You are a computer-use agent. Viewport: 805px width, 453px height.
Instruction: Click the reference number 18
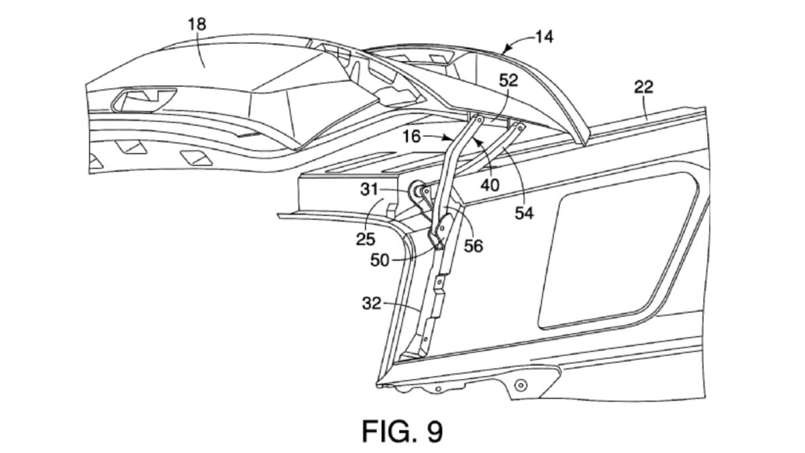[x=197, y=24]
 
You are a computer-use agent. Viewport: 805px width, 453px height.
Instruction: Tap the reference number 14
[x=544, y=37]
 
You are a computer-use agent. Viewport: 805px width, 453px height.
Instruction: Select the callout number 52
[x=508, y=81]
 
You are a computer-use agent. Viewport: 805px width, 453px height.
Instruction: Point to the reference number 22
[x=643, y=87]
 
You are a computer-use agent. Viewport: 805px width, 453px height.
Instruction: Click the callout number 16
[x=412, y=137]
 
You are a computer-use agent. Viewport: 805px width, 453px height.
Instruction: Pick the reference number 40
[x=490, y=185]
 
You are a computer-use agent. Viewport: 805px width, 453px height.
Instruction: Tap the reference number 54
[x=525, y=213]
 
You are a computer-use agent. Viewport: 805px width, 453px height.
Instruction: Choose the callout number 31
[x=370, y=189]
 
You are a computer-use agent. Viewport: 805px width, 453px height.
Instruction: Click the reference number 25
[x=366, y=239]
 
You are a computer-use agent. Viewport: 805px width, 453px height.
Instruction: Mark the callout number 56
[x=474, y=246]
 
